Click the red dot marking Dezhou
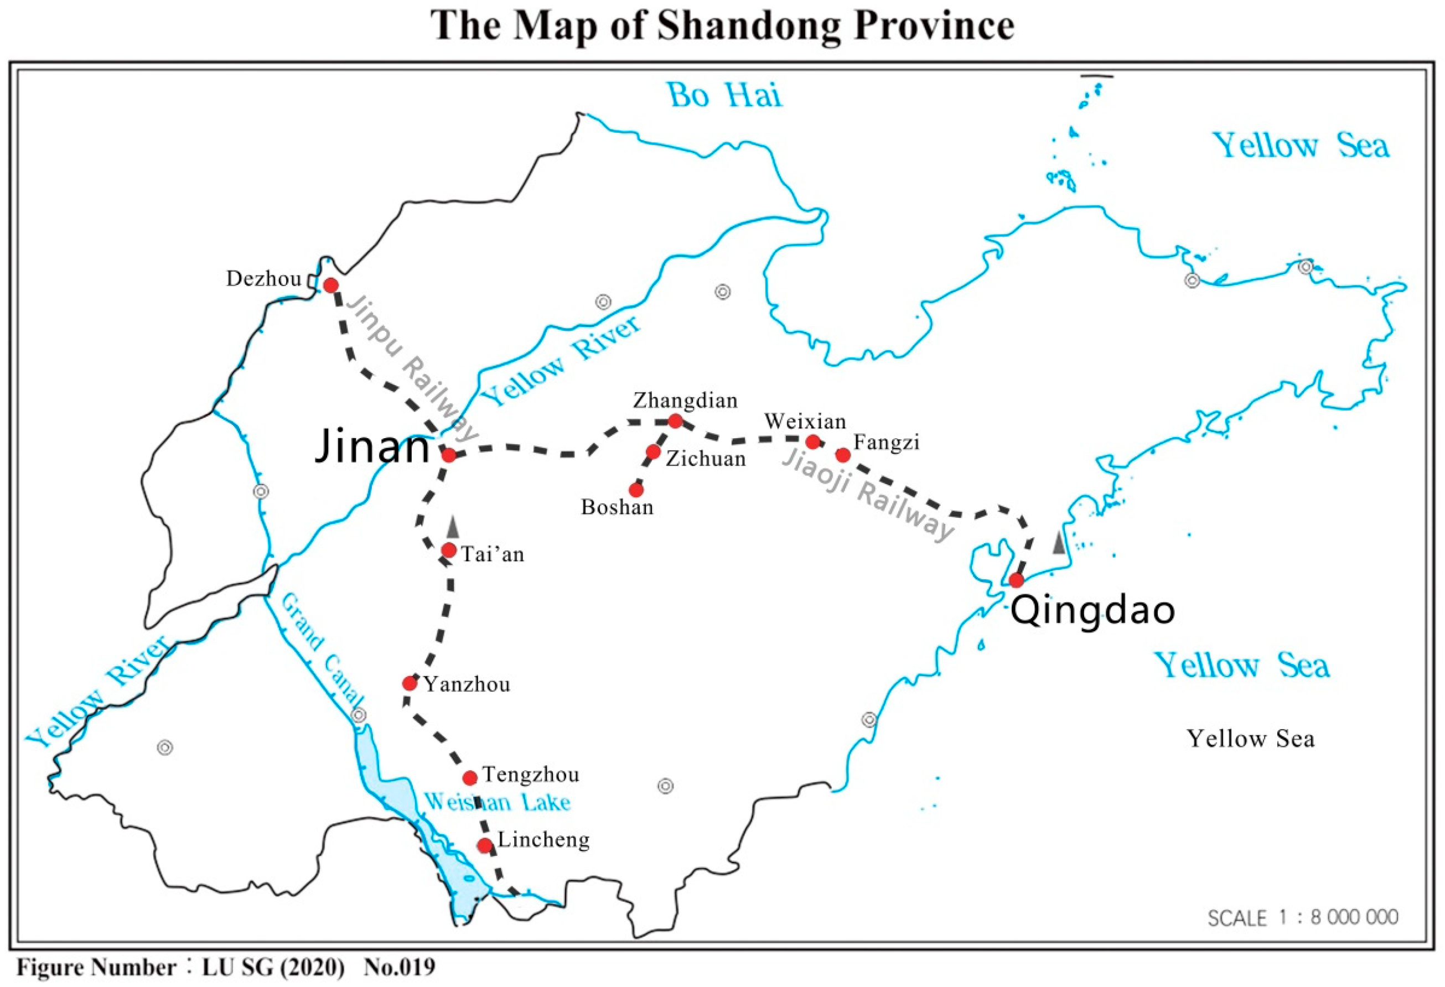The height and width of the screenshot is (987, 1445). coord(331,285)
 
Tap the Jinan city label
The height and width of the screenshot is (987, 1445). coord(372,447)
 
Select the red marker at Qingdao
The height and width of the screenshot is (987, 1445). coord(1016,580)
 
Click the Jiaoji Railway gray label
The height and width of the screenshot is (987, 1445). coord(867,495)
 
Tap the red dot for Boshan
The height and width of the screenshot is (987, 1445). coord(635,490)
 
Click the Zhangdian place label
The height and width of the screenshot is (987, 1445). coord(685,400)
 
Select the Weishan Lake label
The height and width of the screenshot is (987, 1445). coord(497,802)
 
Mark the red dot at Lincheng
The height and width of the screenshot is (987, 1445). coord(485,845)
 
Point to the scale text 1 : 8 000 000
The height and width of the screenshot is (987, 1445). coord(1303,917)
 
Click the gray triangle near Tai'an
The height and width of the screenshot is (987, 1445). coord(453,527)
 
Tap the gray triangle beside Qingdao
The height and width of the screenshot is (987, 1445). coord(1058,542)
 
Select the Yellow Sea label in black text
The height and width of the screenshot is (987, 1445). coord(1250,739)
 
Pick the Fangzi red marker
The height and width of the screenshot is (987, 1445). coord(842,455)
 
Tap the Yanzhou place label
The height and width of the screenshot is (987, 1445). coord(467,685)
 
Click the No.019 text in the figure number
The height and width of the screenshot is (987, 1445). coord(399,968)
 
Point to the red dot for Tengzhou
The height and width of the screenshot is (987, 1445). coord(470,777)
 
